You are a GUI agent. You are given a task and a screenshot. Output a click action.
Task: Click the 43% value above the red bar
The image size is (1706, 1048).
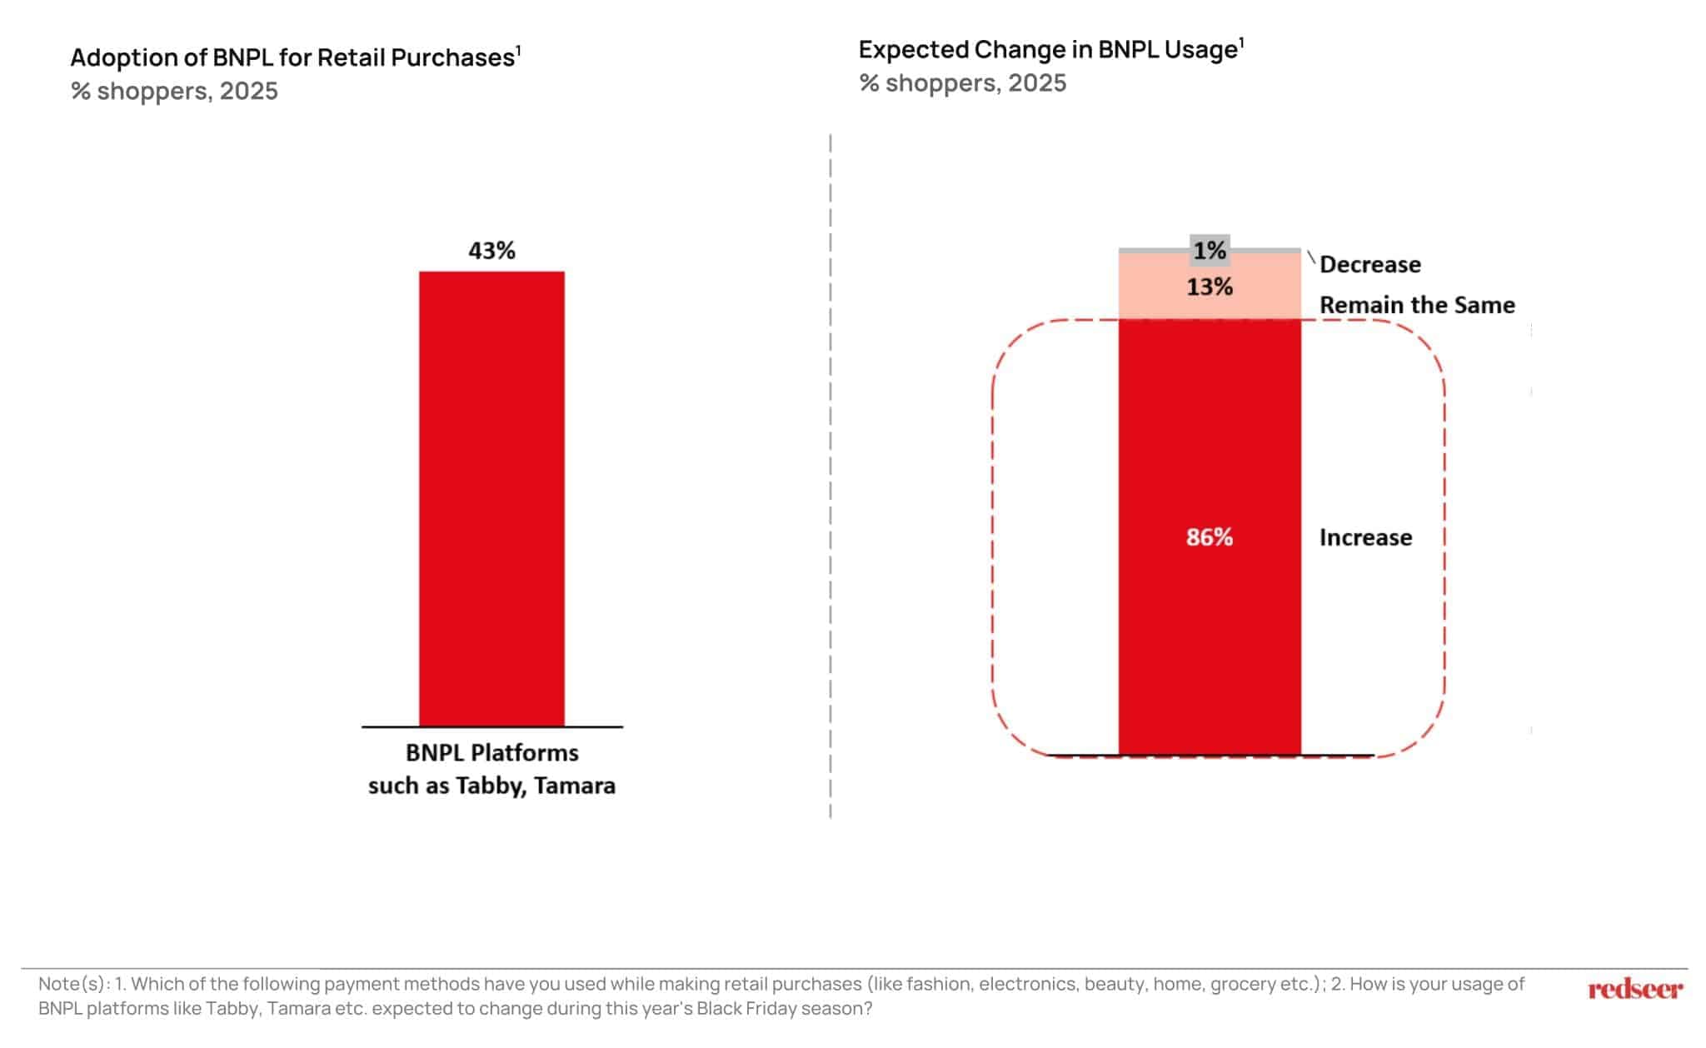point(491,251)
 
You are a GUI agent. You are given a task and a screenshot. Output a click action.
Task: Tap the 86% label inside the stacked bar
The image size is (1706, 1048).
point(1209,537)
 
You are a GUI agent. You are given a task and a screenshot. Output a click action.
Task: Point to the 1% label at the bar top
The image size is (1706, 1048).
point(1210,250)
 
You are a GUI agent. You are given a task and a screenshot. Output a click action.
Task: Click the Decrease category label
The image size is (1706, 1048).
point(1369,265)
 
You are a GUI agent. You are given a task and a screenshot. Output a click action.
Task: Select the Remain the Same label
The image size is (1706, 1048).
point(1417,305)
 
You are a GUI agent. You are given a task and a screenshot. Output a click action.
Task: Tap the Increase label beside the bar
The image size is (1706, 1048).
point(1365,537)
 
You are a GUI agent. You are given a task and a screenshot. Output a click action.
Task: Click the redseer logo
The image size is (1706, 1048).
point(1634,989)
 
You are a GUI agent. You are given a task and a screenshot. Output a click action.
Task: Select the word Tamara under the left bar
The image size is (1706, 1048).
point(575,786)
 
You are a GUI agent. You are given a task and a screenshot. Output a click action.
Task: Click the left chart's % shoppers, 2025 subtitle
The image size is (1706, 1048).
point(174,91)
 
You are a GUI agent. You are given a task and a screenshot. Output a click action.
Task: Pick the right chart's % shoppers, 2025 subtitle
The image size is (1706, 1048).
point(962,83)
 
